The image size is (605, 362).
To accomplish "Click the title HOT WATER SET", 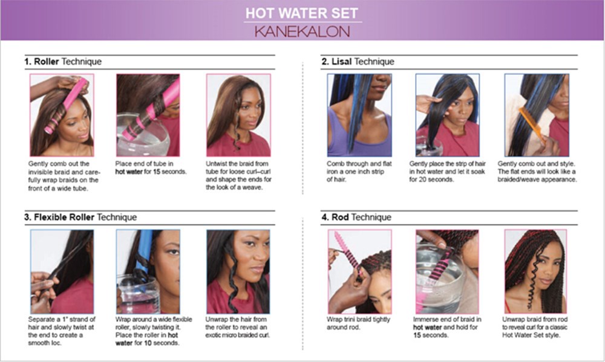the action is (x=302, y=13).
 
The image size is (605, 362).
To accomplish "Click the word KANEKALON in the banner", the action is (x=302, y=31).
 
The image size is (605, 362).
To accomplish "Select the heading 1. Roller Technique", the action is (x=63, y=62).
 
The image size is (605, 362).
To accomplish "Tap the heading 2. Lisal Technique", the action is (x=358, y=62).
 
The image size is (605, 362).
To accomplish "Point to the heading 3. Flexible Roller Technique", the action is (x=80, y=218).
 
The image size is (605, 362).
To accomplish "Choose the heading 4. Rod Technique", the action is (x=356, y=218).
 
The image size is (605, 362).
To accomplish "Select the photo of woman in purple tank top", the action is (x=359, y=115).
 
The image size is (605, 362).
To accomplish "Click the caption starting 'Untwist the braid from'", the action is (x=238, y=175).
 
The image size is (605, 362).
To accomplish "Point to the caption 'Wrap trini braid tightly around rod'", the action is (x=358, y=323).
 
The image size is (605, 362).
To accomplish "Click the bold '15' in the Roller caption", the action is (x=156, y=172).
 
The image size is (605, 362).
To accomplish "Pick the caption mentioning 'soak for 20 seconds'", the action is (x=447, y=172).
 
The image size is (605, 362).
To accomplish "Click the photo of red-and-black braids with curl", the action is (x=535, y=271).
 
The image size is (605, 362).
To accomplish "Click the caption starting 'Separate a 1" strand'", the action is (x=61, y=331).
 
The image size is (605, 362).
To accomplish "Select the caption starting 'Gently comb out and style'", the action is (x=537, y=172).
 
